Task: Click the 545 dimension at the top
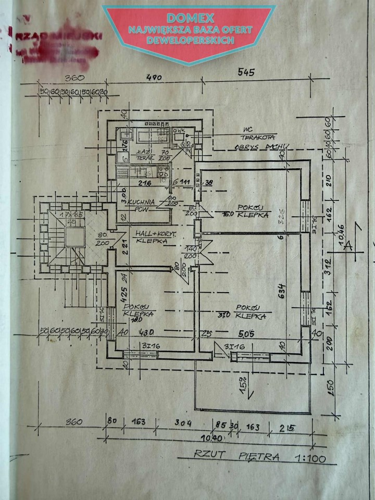(x=245, y=72)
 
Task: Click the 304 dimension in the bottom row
(x=181, y=422)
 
